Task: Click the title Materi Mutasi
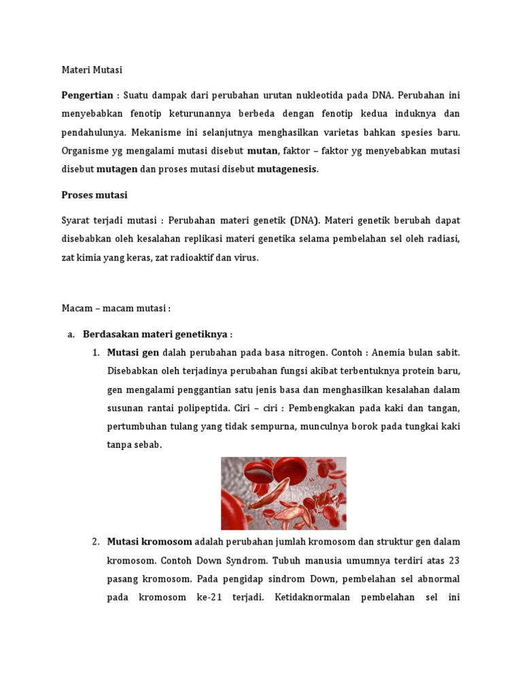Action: (92, 70)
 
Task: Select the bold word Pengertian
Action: (87, 95)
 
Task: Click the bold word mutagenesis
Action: (287, 169)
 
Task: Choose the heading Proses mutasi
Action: (94, 195)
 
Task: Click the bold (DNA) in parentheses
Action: (304, 221)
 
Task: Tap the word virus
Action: (245, 258)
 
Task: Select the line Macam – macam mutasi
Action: (116, 308)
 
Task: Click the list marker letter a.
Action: (70, 334)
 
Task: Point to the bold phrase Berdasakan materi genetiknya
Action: (155, 334)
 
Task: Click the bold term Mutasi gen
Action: (133, 353)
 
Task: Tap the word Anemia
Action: (373, 353)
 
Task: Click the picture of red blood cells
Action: (283, 493)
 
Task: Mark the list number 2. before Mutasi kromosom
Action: (96, 542)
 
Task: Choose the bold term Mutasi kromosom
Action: (150, 542)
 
